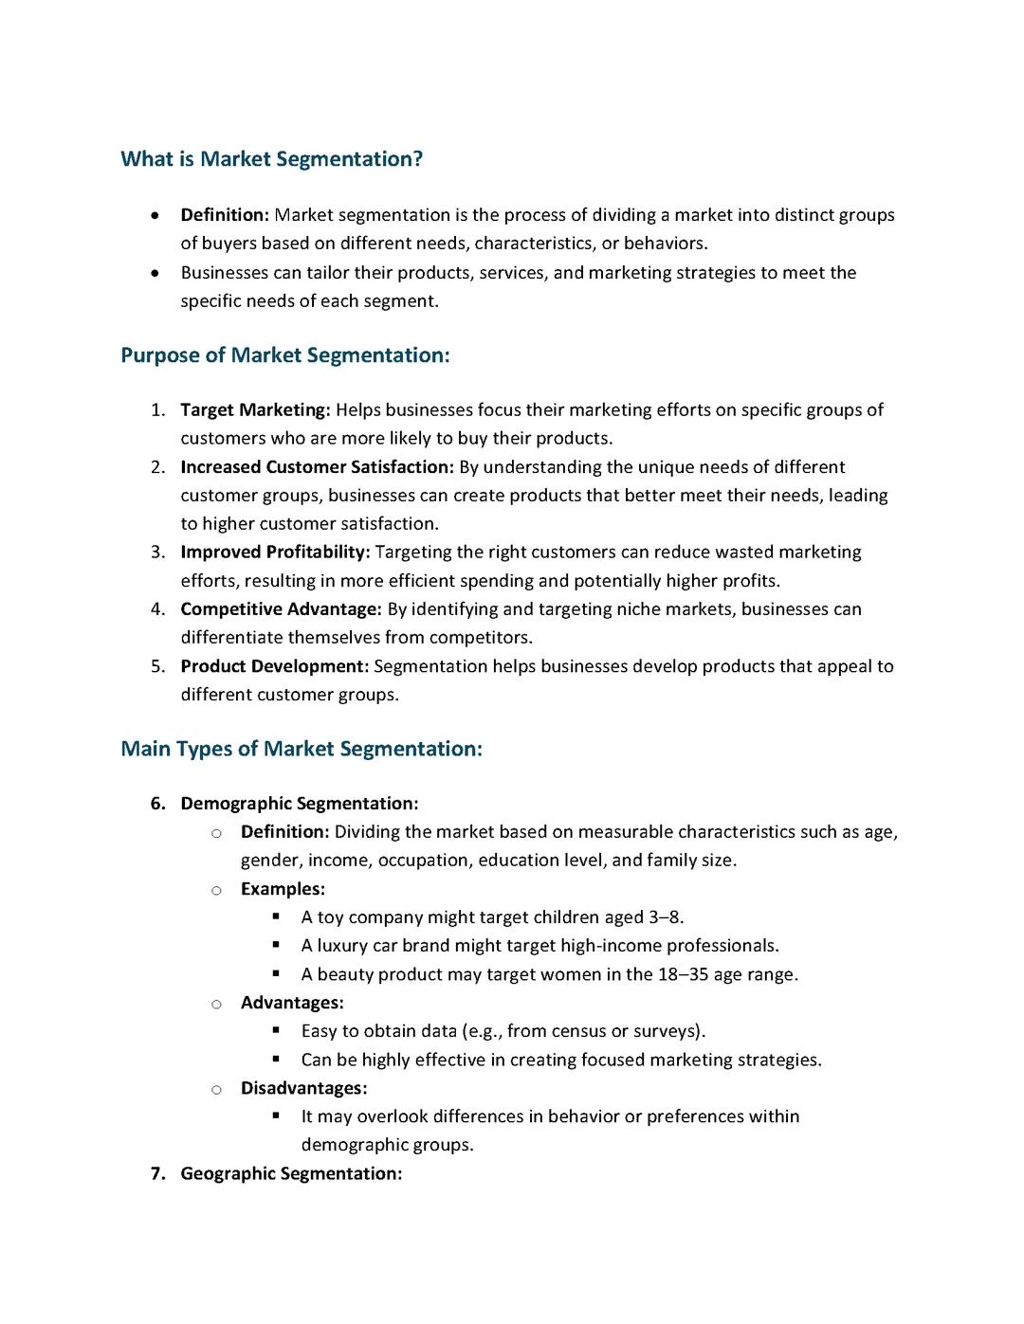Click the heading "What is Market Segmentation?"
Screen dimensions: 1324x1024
[x=271, y=159]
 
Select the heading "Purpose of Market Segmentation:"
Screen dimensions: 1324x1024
[x=284, y=355]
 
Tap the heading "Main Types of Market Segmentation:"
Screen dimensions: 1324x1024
[x=302, y=749]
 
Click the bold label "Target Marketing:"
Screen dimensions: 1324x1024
[x=255, y=409]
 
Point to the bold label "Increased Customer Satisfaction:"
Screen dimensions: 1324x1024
[x=318, y=467]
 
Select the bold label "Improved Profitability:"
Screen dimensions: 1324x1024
[x=275, y=553]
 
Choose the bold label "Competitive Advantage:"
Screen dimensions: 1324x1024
[x=281, y=609]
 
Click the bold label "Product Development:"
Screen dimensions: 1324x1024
[x=274, y=666]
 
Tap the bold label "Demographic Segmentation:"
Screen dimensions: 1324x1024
[x=299, y=804]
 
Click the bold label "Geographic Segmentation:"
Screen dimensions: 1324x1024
[x=291, y=1173]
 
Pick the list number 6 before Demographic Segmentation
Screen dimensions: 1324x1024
[x=157, y=804]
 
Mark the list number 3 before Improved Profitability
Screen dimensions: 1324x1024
[x=157, y=553]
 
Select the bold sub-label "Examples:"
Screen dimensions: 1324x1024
[x=283, y=889]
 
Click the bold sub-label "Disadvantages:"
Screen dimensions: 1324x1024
[x=303, y=1088]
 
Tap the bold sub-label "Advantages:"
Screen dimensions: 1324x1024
[x=292, y=1003]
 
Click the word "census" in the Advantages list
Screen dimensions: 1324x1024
[x=582, y=1031]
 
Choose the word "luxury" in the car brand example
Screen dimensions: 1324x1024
[x=347, y=946]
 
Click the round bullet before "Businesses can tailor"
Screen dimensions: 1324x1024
[x=155, y=273]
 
